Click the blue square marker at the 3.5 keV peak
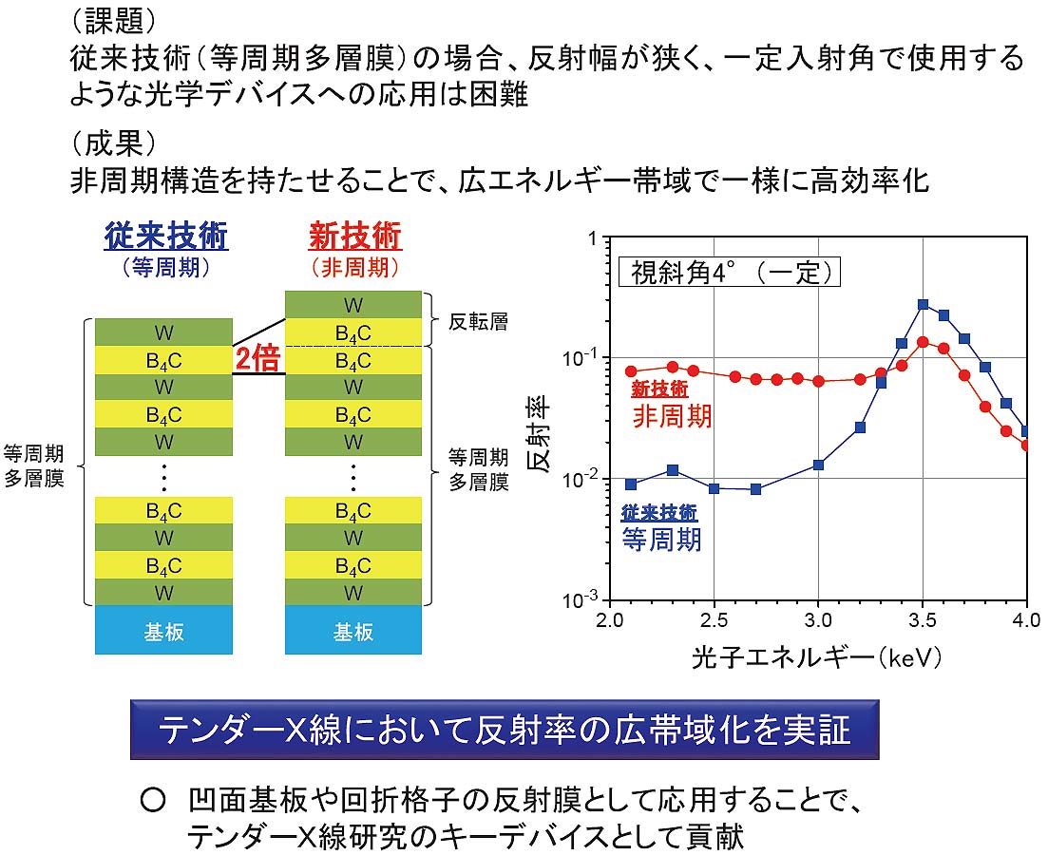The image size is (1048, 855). click(x=923, y=305)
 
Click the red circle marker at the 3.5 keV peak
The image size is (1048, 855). click(x=923, y=342)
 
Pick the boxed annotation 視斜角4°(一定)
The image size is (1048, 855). click(x=730, y=273)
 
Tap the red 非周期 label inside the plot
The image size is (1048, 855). click(x=672, y=416)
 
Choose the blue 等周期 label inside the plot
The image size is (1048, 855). click(x=661, y=540)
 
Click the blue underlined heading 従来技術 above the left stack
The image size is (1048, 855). click(x=166, y=236)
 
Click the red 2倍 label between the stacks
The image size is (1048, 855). click(x=258, y=359)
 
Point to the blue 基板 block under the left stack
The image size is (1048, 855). click(x=163, y=631)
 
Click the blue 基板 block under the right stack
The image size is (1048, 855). click(x=353, y=631)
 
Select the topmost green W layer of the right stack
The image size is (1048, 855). click(x=353, y=305)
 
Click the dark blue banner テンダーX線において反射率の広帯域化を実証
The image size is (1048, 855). click(x=504, y=730)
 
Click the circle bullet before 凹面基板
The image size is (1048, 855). click(x=153, y=802)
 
